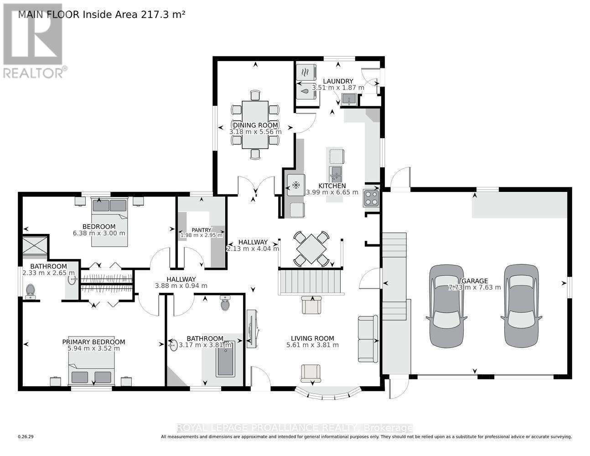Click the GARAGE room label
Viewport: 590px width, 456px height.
(x=475, y=281)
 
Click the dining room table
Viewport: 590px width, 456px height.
(x=255, y=124)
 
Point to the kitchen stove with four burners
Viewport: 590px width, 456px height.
(x=371, y=198)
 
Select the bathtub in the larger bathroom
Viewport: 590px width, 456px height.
(x=225, y=359)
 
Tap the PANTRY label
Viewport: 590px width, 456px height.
(x=201, y=230)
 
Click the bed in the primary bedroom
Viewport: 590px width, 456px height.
(x=92, y=369)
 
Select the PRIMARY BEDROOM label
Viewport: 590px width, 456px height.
(x=93, y=342)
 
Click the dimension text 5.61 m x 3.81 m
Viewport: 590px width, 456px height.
(x=312, y=345)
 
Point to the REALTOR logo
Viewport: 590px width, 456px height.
(x=33, y=41)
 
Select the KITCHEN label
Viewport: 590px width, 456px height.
(x=332, y=186)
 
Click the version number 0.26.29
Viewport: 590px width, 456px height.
(x=26, y=437)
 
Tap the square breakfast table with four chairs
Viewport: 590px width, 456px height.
(x=311, y=249)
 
